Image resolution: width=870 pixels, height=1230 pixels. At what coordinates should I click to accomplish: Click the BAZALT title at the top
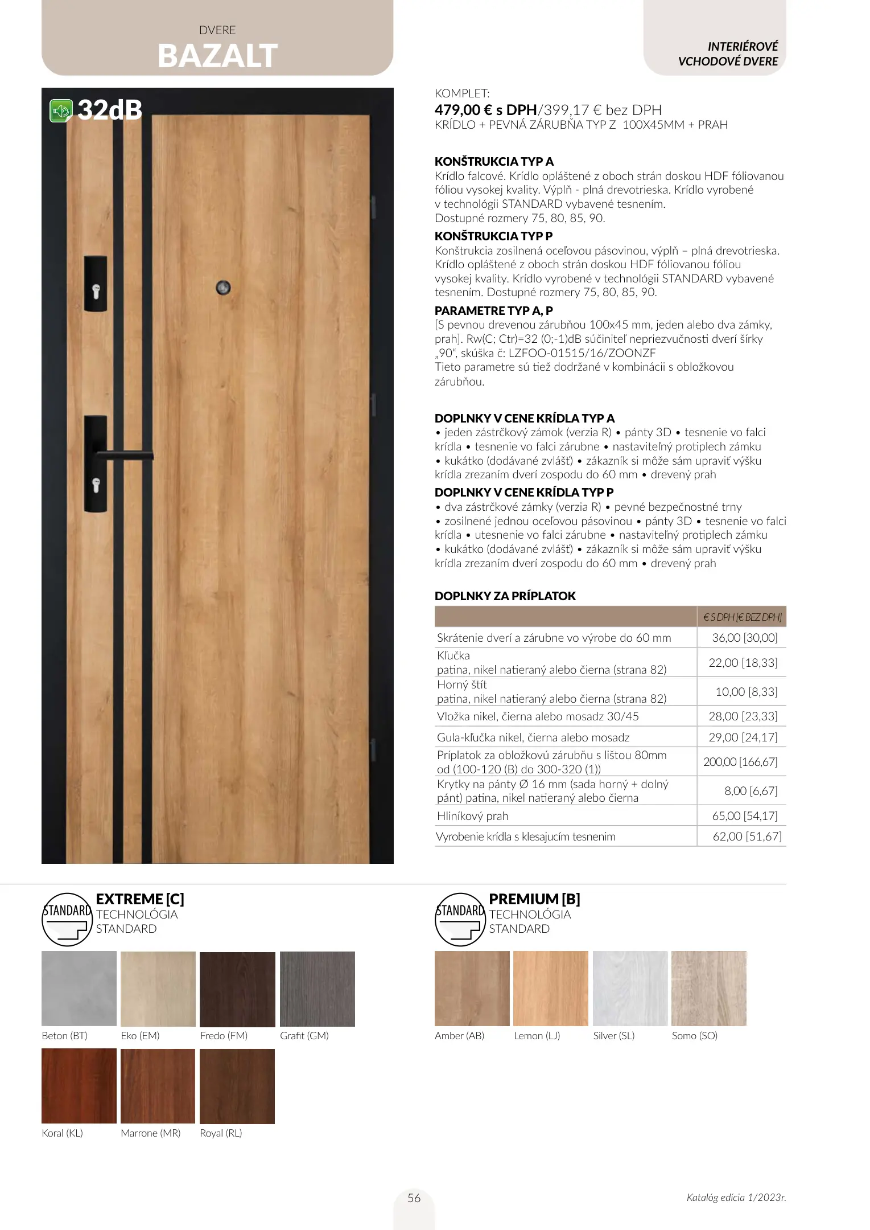pos(217,56)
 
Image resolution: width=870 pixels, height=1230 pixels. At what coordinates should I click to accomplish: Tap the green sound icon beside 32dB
pos(61,110)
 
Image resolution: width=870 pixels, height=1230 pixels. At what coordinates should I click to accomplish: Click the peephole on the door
pos(223,288)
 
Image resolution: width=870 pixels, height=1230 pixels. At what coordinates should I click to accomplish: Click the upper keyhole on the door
pos(96,291)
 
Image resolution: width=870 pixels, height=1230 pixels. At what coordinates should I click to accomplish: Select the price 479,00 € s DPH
pos(485,110)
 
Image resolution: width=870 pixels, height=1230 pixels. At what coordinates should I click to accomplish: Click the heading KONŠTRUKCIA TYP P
pos(493,236)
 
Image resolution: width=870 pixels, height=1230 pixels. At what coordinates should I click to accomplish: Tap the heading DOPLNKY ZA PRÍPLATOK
pos(505,596)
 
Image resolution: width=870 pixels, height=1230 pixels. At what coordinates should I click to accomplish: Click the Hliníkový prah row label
pos(472,816)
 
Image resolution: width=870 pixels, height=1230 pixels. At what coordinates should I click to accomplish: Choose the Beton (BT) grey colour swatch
pos(79,989)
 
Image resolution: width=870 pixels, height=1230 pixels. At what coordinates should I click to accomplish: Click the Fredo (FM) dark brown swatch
pos(237,989)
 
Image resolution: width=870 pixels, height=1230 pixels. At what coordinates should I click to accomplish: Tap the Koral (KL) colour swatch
pos(79,1086)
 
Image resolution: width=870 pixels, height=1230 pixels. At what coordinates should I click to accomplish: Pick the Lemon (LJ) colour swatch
pos(550,989)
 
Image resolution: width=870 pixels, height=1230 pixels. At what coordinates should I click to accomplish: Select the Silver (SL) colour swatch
pos(630,989)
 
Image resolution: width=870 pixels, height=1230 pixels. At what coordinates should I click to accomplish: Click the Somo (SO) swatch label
pos(694,1036)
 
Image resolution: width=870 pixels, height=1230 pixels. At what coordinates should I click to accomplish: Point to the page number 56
pos(414,1198)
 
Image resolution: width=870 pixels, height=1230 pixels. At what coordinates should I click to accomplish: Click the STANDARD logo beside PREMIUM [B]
pos(460,919)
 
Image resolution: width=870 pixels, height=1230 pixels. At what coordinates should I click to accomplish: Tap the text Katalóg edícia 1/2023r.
pos(736,1198)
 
